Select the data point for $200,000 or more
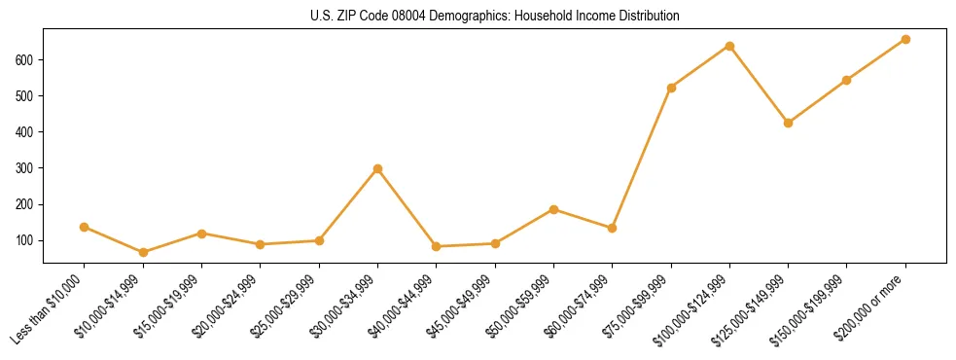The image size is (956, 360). tap(904, 39)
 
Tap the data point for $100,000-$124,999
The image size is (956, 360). tap(729, 46)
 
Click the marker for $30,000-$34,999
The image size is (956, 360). tap(377, 168)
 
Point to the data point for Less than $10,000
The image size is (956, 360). tap(85, 227)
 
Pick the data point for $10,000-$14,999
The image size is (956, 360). tap(143, 252)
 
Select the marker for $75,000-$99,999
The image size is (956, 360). tap(671, 88)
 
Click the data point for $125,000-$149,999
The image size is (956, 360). tap(788, 123)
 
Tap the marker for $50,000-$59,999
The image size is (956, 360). tap(553, 209)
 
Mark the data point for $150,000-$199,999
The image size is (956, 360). tap(846, 80)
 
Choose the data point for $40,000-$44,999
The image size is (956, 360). tap(436, 246)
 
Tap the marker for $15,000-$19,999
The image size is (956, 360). tap(201, 234)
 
